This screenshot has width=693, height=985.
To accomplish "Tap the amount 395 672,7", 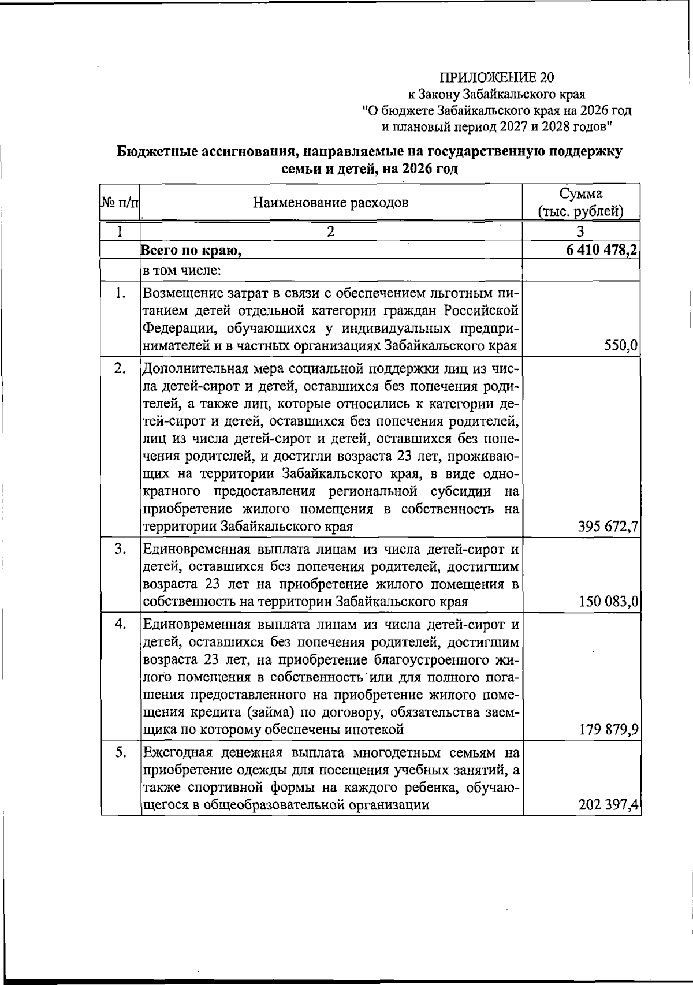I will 608,527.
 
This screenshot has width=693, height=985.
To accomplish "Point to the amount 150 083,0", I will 608,602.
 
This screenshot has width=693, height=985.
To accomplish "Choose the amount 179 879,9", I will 608,730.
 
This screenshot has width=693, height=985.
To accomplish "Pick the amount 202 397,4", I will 608,805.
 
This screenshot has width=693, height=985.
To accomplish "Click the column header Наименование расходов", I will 330,203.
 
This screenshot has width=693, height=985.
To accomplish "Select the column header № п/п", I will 120,203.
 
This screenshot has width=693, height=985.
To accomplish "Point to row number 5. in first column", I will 120,752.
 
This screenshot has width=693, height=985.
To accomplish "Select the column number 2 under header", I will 330,232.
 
